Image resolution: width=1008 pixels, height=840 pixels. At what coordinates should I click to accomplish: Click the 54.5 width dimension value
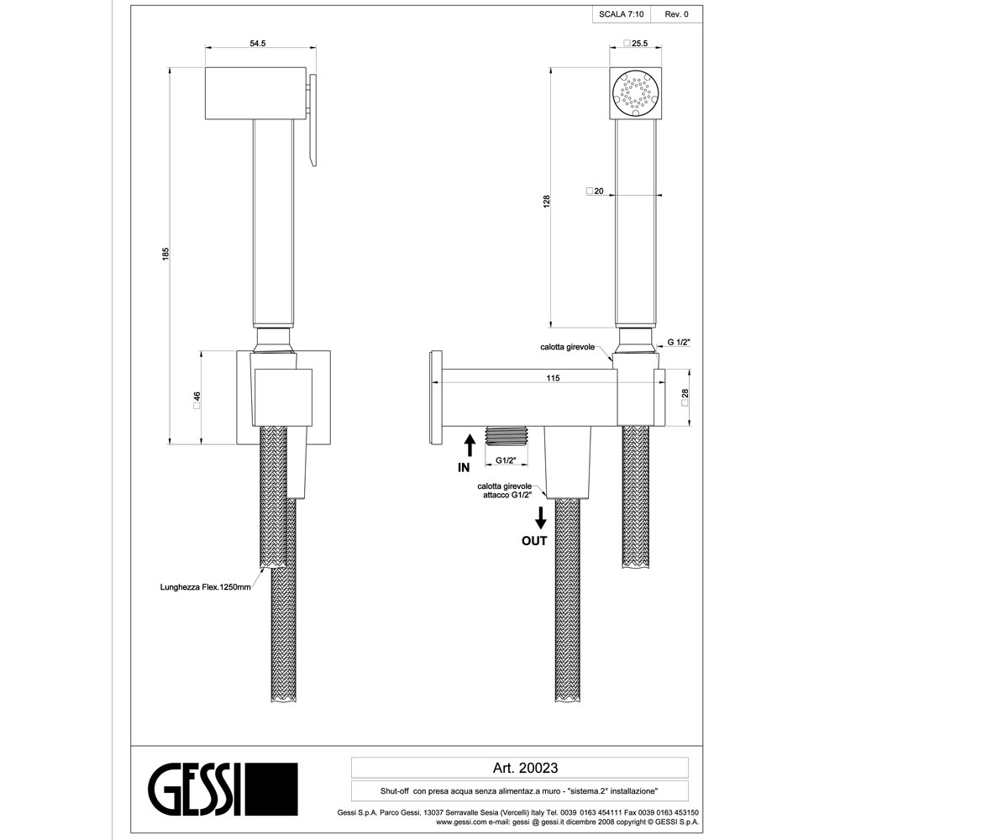pos(257,44)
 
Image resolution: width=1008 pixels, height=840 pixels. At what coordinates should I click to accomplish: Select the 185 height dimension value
pos(165,254)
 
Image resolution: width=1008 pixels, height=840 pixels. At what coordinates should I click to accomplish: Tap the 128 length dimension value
pos(547,202)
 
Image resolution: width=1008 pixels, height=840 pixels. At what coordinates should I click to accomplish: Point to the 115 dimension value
pos(553,378)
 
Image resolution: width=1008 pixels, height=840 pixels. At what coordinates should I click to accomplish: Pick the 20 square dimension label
pos(595,192)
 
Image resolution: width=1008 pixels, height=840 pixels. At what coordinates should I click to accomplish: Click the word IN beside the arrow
pos(464,467)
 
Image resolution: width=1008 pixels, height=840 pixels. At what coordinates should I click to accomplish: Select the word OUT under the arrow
pos(534,541)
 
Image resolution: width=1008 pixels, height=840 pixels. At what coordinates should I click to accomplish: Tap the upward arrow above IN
pos(470,445)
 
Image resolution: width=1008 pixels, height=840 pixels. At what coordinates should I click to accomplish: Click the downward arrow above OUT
pos(541,518)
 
